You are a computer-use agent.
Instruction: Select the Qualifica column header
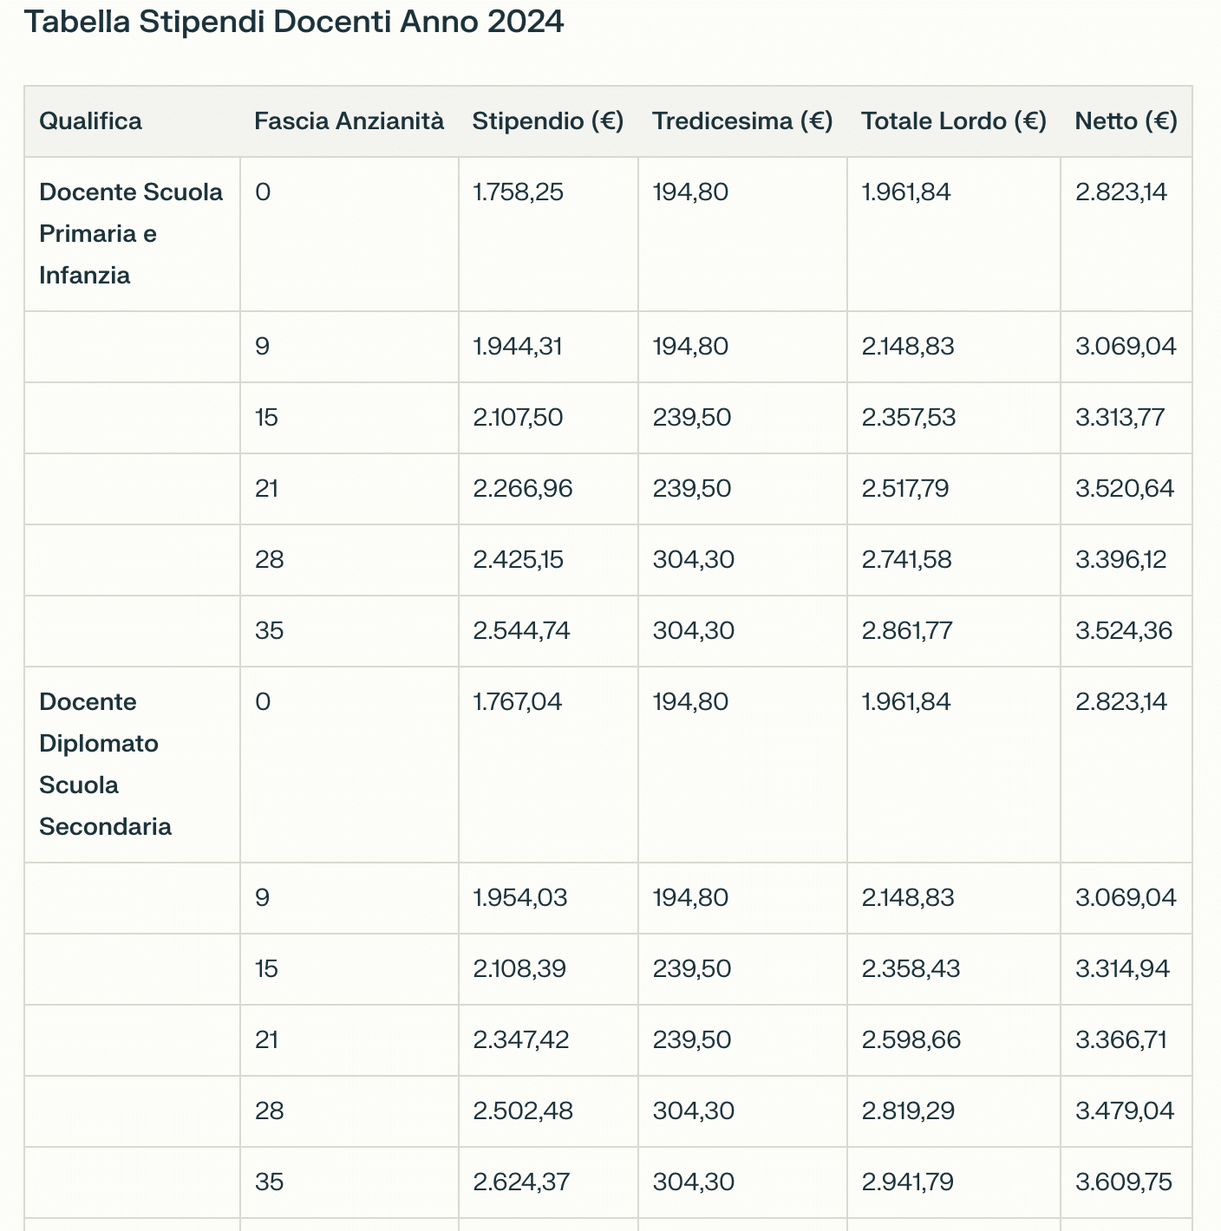(90, 120)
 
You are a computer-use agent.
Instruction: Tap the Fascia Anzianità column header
(349, 120)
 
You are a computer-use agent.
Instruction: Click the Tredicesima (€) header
(742, 120)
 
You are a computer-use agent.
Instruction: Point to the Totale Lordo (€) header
(953, 120)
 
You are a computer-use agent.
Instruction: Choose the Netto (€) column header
(1126, 120)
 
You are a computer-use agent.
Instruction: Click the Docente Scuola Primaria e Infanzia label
(130, 233)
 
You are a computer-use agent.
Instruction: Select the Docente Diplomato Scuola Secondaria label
(105, 764)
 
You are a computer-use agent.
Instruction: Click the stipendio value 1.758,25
(519, 192)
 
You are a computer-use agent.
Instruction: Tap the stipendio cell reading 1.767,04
(518, 701)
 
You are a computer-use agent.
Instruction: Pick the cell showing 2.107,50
(518, 417)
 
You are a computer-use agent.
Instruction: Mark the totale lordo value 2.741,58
(906, 559)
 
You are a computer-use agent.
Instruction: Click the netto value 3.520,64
(1125, 488)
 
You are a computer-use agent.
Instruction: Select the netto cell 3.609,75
(1124, 1182)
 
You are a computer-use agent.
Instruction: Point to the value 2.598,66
(911, 1039)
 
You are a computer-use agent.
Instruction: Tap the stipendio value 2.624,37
(521, 1182)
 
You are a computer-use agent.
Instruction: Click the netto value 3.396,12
(1121, 559)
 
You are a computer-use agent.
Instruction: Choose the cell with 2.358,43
(911, 968)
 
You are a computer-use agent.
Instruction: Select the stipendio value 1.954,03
(520, 897)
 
